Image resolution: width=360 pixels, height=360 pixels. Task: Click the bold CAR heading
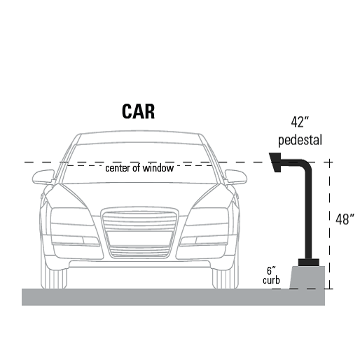(x=138, y=111)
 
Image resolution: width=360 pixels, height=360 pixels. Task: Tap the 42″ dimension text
(x=300, y=122)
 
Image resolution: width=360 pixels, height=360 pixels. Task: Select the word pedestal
(x=300, y=140)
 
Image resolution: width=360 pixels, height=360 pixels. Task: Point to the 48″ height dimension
(x=345, y=219)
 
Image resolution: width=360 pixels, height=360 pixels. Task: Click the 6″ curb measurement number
(x=271, y=271)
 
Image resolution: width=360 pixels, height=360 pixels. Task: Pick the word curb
(x=271, y=280)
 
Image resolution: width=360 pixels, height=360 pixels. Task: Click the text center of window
(x=139, y=168)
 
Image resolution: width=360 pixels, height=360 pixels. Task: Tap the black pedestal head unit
(x=275, y=162)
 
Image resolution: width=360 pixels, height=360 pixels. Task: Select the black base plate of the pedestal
(x=309, y=263)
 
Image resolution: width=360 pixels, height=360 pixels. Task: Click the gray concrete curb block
(x=307, y=277)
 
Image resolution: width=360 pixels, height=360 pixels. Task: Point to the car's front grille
(x=139, y=233)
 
